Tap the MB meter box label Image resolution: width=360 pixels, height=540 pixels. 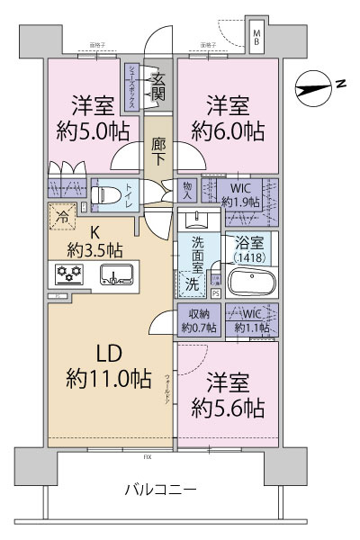[256, 38]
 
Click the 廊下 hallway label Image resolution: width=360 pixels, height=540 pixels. [159, 148]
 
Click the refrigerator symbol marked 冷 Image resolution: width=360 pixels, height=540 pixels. [63, 216]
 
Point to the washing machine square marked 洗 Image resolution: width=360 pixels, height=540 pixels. [192, 282]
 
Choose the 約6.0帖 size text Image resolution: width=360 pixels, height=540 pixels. [228, 130]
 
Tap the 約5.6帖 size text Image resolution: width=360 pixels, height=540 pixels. [228, 408]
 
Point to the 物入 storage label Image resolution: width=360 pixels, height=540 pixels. [188, 190]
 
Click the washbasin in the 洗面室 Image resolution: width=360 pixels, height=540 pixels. [193, 218]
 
